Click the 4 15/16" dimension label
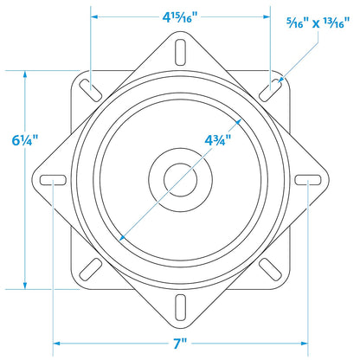[180, 17]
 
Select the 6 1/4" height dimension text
[25, 140]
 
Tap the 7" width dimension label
[180, 344]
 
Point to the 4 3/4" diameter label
[218, 140]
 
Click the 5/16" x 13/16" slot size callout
[318, 23]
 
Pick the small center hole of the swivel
[181, 180]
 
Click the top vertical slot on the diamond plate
[180, 52]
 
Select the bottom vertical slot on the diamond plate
[180, 307]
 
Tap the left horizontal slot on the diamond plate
[53, 180]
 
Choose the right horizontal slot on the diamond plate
[308, 180]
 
